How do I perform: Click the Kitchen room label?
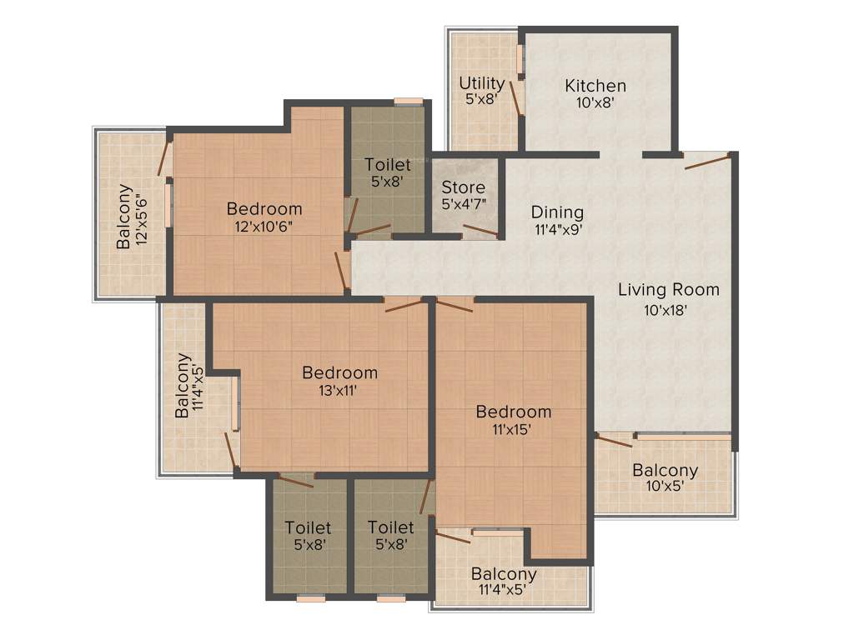[x=595, y=86]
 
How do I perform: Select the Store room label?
[x=463, y=187]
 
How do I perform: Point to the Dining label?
[x=557, y=212]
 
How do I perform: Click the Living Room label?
[x=668, y=290]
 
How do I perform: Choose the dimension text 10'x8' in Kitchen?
[x=595, y=103]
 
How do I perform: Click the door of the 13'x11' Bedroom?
[x=404, y=305]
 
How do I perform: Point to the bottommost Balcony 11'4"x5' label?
[x=503, y=582]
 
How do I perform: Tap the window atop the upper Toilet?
[x=408, y=102]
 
